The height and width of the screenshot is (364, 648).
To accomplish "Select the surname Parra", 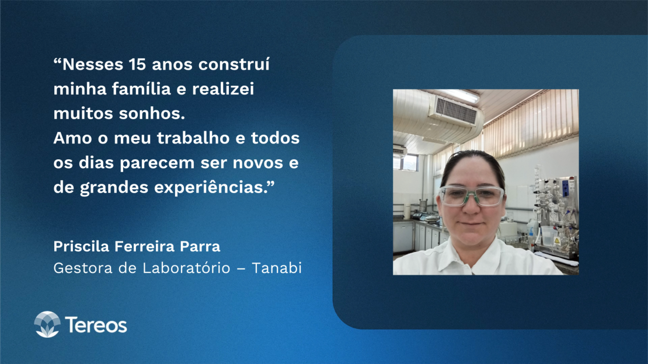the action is point(200,247).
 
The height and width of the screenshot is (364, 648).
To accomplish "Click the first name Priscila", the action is point(81,247).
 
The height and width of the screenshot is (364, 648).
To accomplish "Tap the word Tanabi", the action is point(277,268).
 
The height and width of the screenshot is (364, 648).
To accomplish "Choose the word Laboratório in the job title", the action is point(186,268).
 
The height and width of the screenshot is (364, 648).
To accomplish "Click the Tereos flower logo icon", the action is point(47,324).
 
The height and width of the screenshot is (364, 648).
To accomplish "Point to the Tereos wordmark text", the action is point(96,325).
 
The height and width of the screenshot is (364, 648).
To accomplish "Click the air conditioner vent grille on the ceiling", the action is point(456,110).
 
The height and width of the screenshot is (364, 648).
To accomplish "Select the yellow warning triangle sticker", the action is point(557,241).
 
